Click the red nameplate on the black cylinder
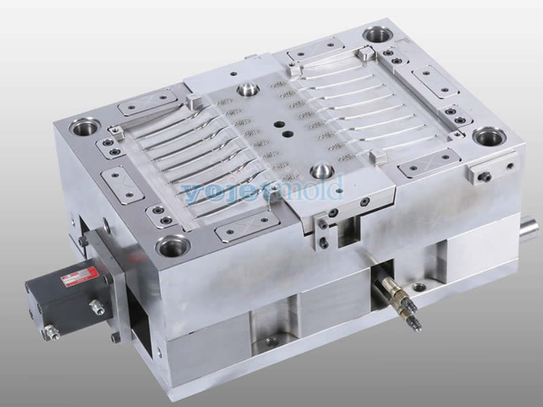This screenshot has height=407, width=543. click(x=79, y=276)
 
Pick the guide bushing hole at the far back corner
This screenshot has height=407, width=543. click(x=377, y=34)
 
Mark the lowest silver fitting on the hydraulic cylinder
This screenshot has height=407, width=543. click(x=51, y=332)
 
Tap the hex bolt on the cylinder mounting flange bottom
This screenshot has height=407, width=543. click(x=115, y=336)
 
